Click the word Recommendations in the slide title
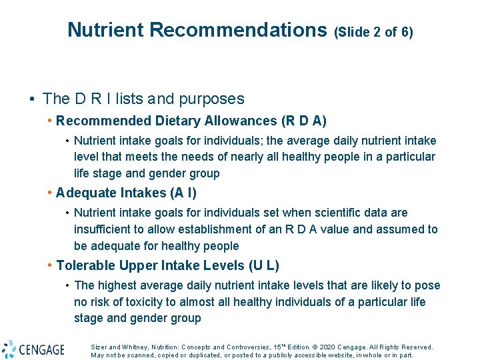238,30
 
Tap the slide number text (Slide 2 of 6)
374,31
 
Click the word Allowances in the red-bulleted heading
203,121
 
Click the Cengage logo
33,349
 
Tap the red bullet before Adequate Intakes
50,193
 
